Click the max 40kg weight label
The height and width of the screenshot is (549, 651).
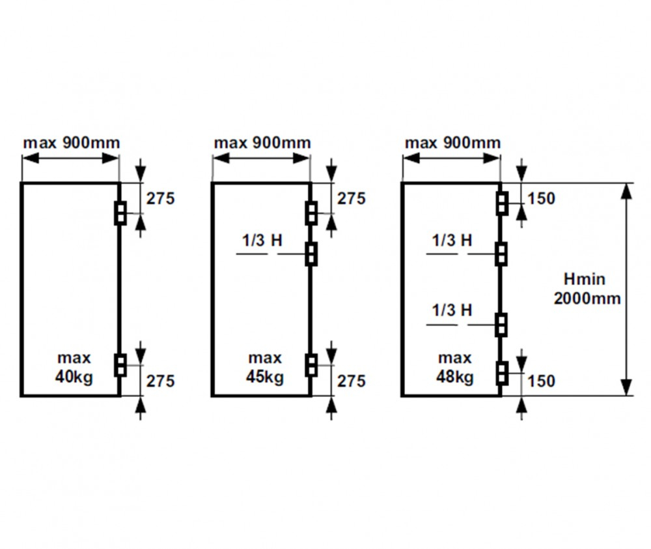(74, 368)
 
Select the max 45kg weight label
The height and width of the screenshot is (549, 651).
(265, 368)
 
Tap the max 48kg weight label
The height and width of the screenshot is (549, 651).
(455, 368)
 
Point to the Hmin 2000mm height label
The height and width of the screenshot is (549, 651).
(587, 289)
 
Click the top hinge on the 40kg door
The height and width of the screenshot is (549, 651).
(120, 213)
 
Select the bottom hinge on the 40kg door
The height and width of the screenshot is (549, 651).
(120, 365)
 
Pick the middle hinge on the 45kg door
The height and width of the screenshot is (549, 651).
(311, 254)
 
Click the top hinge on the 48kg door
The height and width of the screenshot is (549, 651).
(502, 203)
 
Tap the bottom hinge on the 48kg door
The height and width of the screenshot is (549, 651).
(502, 373)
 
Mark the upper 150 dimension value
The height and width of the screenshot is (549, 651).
(541, 198)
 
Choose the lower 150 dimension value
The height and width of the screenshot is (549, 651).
(541, 381)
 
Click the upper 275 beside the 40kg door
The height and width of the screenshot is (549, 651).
(160, 198)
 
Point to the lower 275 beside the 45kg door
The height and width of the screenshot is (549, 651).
(352, 381)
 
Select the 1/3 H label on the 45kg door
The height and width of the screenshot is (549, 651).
(262, 241)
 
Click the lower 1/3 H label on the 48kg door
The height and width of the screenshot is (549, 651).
(452, 310)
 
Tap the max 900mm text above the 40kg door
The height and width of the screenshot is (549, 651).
(72, 143)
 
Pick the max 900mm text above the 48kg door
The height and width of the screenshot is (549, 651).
(452, 143)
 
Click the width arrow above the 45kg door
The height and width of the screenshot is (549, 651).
(261, 158)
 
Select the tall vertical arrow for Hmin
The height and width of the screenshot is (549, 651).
(628, 289)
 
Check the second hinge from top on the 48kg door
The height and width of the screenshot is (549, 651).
(502, 254)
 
